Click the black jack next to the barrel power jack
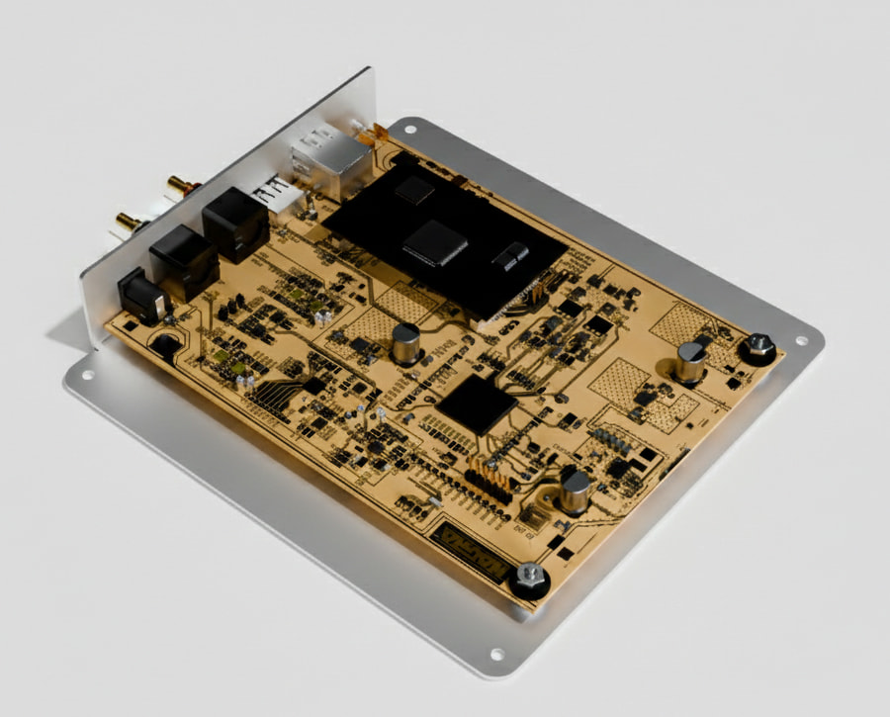coord(184,261)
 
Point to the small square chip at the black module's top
coord(414,191)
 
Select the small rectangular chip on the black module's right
coord(510,257)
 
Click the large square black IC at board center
coord(477,403)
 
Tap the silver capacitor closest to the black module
coord(405,344)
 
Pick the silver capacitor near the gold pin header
coord(575,490)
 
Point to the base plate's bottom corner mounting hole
coord(495,654)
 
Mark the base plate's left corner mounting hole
coord(87,375)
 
